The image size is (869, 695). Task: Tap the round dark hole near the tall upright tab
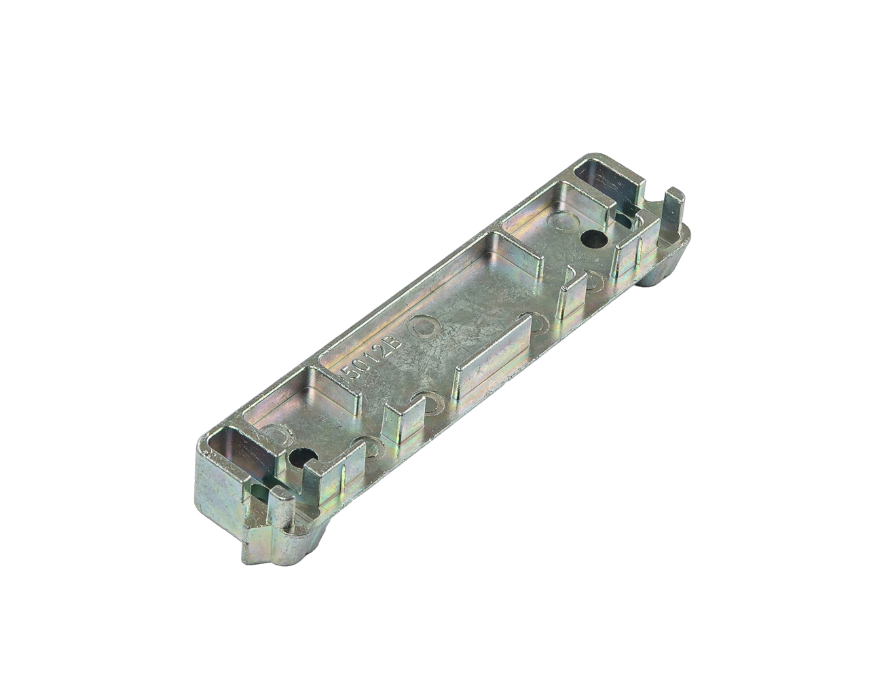click(593, 239)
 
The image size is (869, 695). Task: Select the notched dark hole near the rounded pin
click(302, 457)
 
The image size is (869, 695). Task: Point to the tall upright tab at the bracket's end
click(673, 214)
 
